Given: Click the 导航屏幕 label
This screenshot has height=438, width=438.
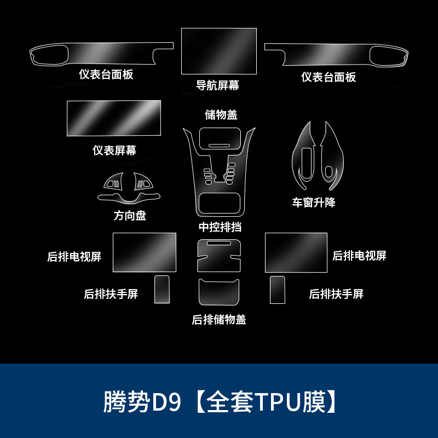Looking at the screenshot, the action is coord(218,85).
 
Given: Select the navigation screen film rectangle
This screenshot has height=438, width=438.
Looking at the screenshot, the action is coord(219,51).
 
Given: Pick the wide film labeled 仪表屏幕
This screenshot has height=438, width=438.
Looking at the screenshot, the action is coord(114,118).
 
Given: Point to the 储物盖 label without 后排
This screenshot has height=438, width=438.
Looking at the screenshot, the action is coord(221,114).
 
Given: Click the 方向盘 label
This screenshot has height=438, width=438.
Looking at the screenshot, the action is coord(130,215).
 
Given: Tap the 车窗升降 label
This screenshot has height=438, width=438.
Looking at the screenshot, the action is coord(314,202).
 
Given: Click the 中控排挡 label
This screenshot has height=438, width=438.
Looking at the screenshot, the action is coord(220,227).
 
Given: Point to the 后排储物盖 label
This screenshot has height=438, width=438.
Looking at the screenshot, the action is coord(219,320).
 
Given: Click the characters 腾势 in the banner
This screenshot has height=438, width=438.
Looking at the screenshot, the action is coord(127,402).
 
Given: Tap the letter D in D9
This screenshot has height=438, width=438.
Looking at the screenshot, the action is coord(160,402).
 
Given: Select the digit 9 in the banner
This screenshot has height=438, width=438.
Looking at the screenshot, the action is coord(175,402).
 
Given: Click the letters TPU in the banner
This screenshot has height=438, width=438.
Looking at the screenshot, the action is coord(276,402).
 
